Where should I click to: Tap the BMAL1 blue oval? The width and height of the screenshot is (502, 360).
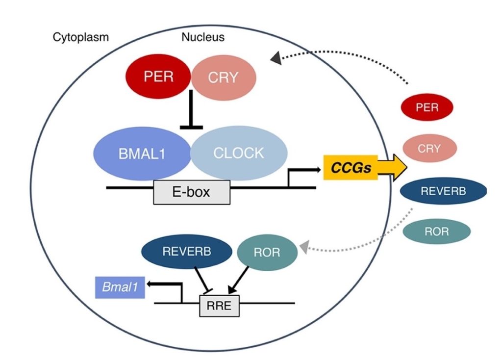142,153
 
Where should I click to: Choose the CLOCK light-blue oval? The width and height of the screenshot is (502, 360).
238,153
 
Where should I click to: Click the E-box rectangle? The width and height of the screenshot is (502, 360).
192,192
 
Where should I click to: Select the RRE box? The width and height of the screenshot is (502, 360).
219,307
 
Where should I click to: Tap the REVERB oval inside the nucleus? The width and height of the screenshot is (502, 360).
186,252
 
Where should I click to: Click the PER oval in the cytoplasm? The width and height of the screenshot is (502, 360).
427,107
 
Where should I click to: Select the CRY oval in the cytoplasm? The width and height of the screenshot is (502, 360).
429,148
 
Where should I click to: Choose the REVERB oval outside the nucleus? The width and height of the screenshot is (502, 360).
443,191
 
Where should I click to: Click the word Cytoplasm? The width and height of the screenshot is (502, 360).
80,37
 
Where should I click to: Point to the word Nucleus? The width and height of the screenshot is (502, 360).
202,37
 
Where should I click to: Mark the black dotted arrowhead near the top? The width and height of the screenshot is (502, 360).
276,59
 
